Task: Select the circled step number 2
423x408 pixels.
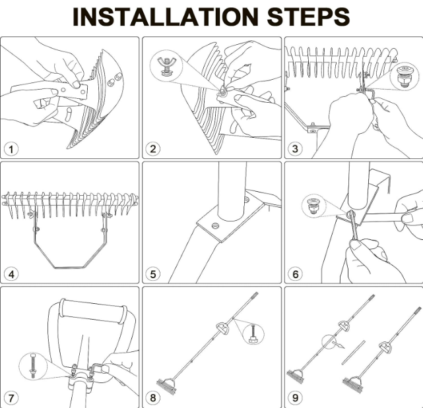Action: [154, 148]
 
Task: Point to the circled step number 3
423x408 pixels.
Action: [296, 148]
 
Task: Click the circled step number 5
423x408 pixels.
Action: [154, 274]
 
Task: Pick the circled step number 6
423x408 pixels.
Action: [296, 274]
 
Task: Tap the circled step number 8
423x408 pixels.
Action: [154, 398]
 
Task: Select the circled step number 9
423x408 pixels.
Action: [296, 398]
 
